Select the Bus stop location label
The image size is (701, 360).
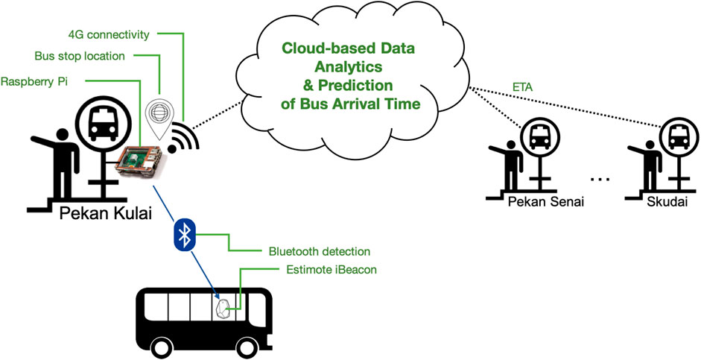(80, 57)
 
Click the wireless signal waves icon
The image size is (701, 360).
(185, 135)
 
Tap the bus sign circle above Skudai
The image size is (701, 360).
(679, 137)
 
